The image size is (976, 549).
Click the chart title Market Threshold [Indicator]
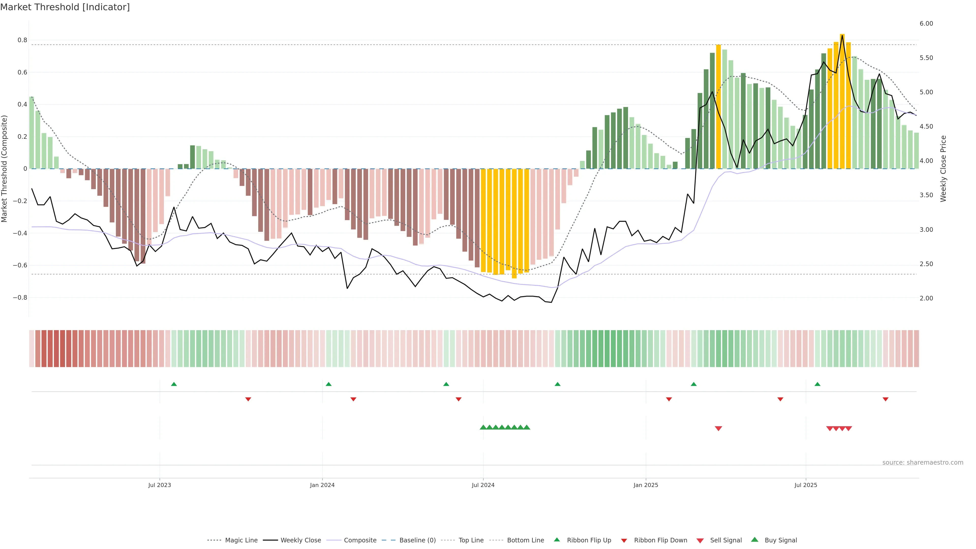[x=65, y=7]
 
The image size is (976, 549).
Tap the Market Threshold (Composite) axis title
[x=5, y=169]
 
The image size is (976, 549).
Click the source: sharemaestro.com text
[x=923, y=463]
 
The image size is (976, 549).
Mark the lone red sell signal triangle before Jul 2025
[x=718, y=429]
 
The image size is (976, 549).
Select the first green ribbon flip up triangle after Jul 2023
[x=174, y=384]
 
